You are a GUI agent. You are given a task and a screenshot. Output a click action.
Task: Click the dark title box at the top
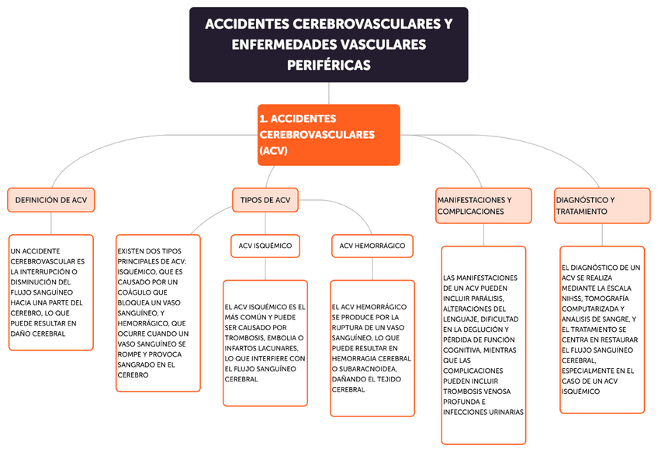(328, 44)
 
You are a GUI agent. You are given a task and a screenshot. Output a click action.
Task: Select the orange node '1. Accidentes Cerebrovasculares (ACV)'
(328, 135)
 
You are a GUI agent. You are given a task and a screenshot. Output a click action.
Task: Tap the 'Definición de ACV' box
(51, 199)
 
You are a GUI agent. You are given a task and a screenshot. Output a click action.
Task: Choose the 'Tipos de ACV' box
(265, 199)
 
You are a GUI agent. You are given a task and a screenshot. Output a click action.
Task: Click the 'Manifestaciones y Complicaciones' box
(483, 205)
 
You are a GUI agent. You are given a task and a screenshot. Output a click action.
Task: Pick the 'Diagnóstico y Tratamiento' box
(601, 205)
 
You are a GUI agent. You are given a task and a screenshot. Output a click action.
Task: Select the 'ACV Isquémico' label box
(265, 246)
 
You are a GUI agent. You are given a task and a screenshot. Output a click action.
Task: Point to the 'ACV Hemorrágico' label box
(372, 246)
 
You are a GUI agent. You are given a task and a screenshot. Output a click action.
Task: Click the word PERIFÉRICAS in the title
(328, 65)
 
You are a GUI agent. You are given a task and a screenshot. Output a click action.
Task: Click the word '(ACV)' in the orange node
(274, 152)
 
